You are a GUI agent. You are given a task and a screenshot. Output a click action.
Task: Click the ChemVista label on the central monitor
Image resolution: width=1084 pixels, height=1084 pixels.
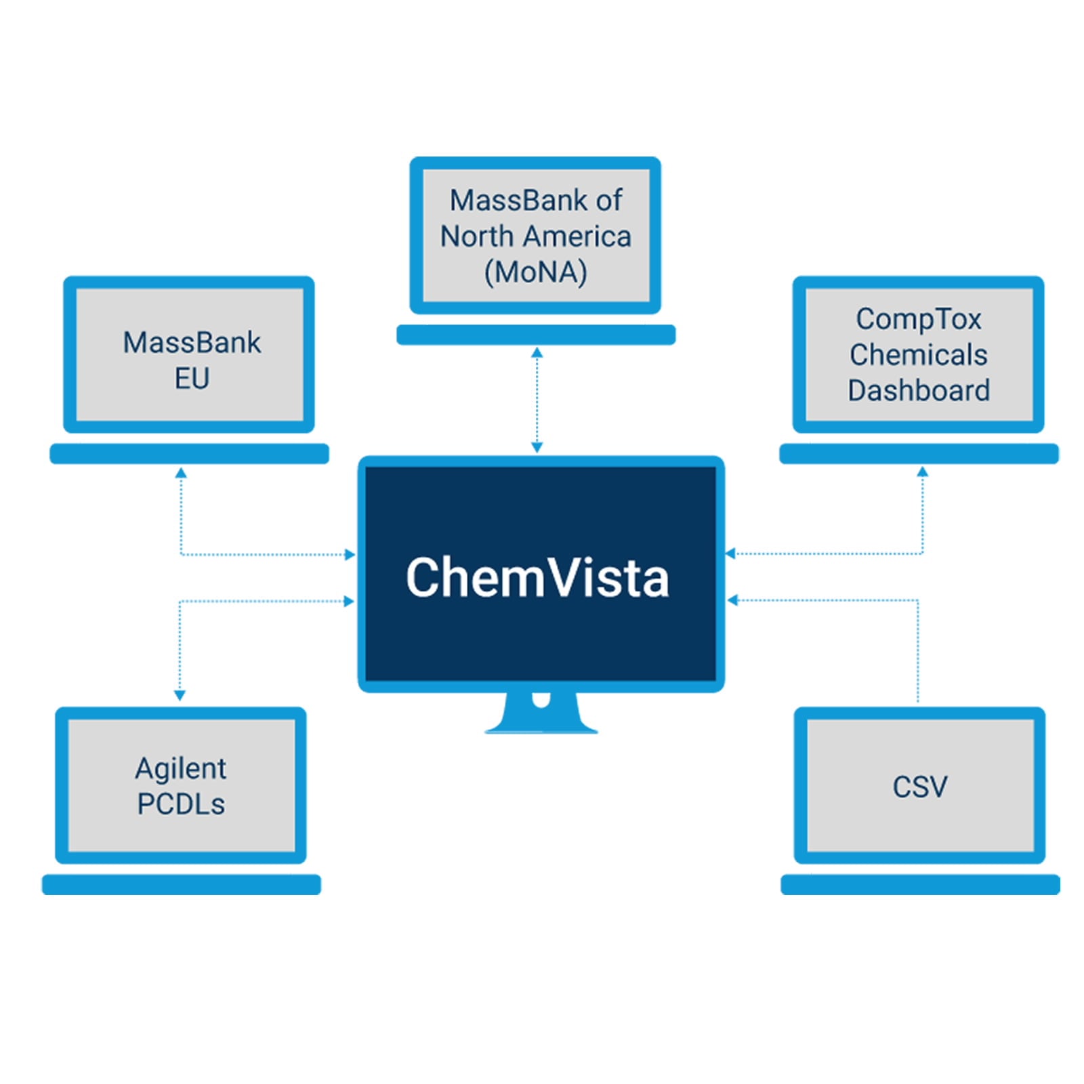pos(537,577)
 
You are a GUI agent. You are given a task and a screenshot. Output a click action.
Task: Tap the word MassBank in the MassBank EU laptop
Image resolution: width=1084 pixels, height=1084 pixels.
pos(192,343)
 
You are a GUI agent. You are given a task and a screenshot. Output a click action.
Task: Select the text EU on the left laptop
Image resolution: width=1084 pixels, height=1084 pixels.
pos(192,378)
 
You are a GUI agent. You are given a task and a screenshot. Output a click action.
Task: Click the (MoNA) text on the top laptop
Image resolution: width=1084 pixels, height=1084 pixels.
pos(535,272)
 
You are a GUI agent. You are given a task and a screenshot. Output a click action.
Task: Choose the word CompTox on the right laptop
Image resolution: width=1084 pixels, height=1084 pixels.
pos(918,318)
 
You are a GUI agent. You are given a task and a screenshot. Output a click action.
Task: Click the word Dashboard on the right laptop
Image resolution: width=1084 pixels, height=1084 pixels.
pos(918,390)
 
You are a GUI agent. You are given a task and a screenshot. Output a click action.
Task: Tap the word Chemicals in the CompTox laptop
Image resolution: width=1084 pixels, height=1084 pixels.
pos(918,354)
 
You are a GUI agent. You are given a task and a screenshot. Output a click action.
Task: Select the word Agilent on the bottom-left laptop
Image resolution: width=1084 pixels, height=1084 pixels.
pos(181,768)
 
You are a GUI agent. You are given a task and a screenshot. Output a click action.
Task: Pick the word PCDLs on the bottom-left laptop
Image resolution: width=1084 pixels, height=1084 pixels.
pos(181,804)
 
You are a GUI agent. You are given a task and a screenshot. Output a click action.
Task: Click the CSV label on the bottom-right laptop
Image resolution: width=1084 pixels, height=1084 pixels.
pos(919,787)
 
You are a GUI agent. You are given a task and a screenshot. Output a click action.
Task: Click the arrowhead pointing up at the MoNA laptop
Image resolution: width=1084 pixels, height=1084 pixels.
pos(537,352)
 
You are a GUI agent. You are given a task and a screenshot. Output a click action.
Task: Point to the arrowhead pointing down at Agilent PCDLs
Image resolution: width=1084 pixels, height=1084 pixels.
pos(180,695)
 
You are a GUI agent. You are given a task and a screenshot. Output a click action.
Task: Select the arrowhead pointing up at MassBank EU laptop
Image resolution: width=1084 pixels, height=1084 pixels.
pos(181,472)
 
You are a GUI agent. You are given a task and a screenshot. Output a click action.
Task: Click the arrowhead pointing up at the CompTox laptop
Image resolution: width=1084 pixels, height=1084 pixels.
pos(922,472)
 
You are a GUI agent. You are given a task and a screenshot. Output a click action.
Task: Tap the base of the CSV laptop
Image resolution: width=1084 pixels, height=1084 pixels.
pos(919,884)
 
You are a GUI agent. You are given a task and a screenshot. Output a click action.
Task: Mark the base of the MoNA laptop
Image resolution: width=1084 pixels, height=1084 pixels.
pos(535,335)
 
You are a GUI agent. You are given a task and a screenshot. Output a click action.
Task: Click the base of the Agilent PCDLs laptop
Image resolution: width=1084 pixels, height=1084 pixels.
pos(181,884)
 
